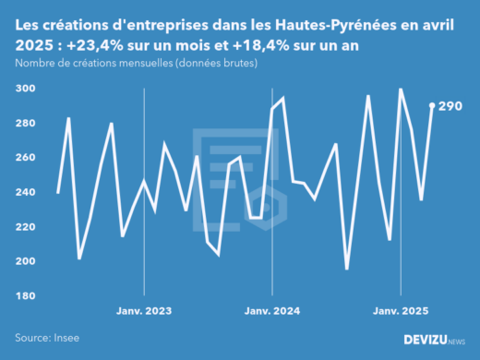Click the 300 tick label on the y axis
pos(25,89)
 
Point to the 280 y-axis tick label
pos(25,123)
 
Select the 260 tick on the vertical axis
pos(25,158)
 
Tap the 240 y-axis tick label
pos(25,192)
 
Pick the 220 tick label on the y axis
pos(25,227)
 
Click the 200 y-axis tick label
pos(25,261)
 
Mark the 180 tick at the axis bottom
pos(25,295)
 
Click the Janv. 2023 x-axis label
pos(144,310)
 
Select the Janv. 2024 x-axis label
pos(271,310)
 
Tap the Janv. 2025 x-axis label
pos(401,310)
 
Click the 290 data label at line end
pos(450,106)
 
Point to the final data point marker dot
pos(432,105)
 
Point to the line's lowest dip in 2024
pos(347,269)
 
